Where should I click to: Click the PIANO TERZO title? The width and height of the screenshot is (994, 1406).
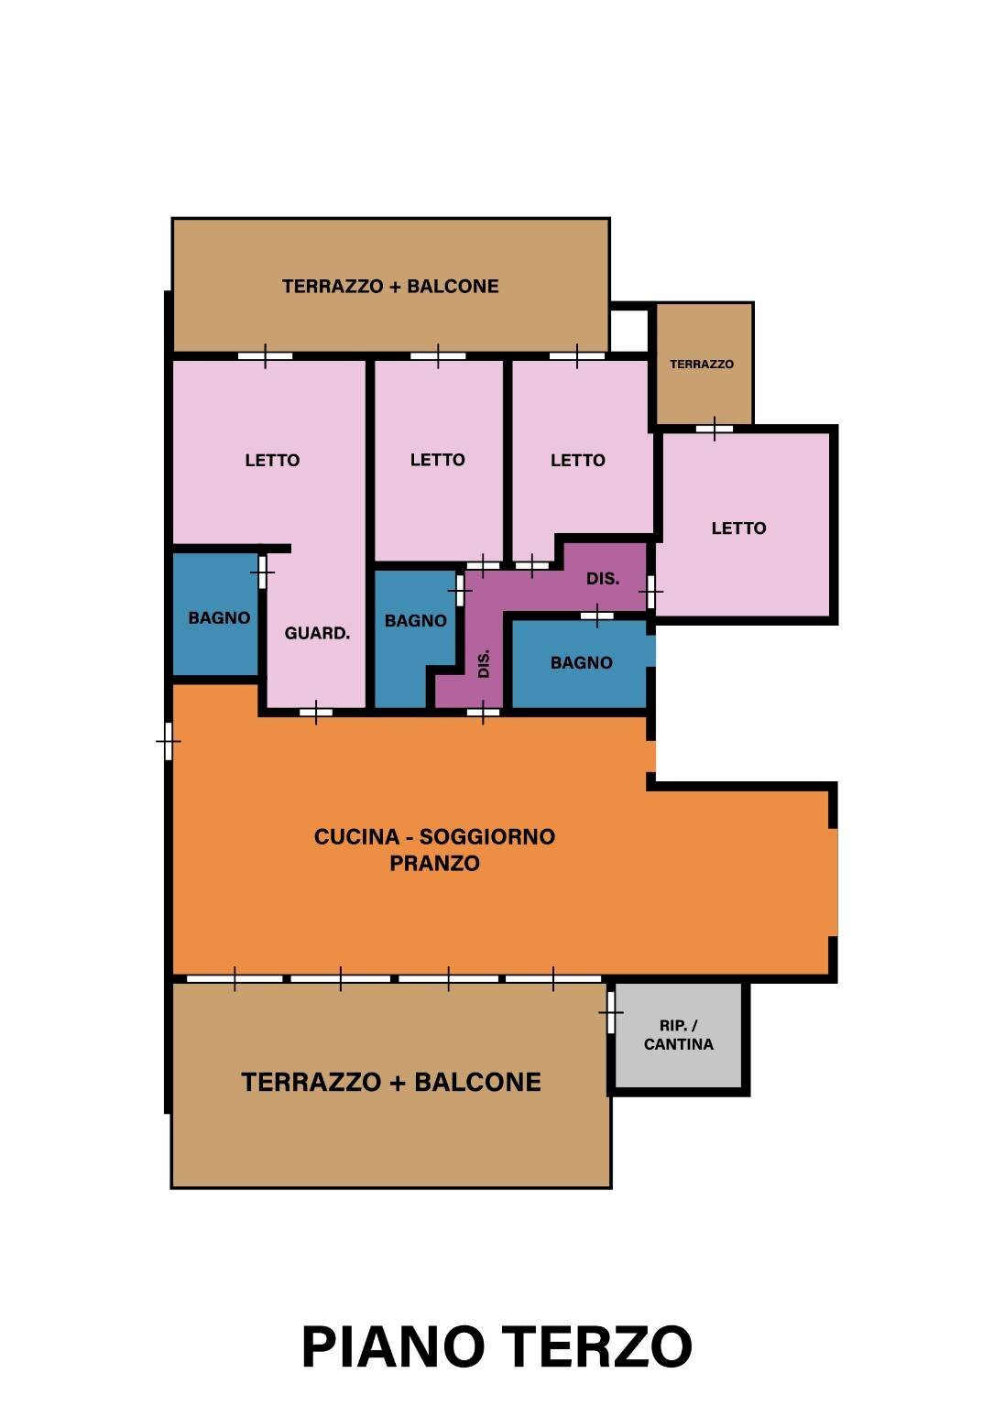pyautogui.click(x=497, y=1347)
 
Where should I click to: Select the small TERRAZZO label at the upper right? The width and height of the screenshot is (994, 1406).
pyautogui.click(x=702, y=365)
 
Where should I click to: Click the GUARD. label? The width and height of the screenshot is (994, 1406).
pyautogui.click(x=317, y=633)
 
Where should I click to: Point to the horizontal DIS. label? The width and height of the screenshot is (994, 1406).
pyautogui.click(x=603, y=579)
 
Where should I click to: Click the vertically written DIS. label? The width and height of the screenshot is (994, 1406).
pyautogui.click(x=484, y=663)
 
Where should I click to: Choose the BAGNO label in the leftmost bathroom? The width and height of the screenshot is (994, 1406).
pyautogui.click(x=219, y=618)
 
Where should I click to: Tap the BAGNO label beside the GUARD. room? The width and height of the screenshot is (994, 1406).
pyautogui.click(x=415, y=621)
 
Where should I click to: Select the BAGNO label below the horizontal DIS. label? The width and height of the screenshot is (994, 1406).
pyautogui.click(x=581, y=662)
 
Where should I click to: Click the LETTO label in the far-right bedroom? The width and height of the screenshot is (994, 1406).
pyautogui.click(x=738, y=529)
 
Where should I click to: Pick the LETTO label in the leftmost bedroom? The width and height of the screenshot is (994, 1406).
pyautogui.click(x=272, y=461)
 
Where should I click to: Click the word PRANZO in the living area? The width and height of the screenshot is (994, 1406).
pyautogui.click(x=434, y=863)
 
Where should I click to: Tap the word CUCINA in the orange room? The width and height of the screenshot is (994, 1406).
pyautogui.click(x=356, y=837)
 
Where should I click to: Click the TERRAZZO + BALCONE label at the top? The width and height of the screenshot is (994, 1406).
pyautogui.click(x=390, y=287)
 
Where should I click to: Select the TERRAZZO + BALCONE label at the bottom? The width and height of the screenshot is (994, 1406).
pyautogui.click(x=391, y=1083)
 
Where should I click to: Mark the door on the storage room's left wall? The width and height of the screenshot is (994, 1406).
pyautogui.click(x=611, y=1012)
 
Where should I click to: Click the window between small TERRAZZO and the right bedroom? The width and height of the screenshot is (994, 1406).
pyautogui.click(x=715, y=428)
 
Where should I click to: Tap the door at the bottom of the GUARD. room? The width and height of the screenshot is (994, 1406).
pyautogui.click(x=316, y=712)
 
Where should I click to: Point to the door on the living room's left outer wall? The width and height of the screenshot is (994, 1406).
pyautogui.click(x=169, y=740)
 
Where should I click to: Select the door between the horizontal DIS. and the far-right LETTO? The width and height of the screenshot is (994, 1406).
pyautogui.click(x=651, y=592)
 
